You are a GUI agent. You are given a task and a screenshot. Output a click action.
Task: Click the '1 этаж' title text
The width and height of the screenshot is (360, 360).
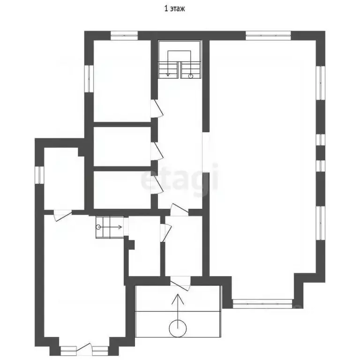pyautogui.click(x=174, y=9)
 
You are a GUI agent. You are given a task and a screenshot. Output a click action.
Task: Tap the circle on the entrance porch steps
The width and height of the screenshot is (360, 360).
pyautogui.click(x=178, y=328)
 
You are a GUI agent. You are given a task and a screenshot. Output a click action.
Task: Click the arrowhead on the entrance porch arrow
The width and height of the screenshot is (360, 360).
pyautogui.click(x=178, y=299)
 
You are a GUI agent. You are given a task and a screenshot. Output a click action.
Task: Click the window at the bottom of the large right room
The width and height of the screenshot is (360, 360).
pyautogui.click(x=262, y=304)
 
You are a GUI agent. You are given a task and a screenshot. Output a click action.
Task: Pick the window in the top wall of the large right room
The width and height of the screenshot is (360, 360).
pyautogui.click(x=268, y=36)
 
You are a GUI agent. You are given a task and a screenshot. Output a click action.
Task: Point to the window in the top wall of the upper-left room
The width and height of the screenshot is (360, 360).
pyautogui.click(x=124, y=36)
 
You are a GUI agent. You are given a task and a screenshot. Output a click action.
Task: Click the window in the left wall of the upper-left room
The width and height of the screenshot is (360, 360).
pyautogui.click(x=89, y=79)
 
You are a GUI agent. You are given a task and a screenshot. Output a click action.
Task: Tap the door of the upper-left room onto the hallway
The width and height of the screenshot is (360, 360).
pyautogui.click(x=157, y=109)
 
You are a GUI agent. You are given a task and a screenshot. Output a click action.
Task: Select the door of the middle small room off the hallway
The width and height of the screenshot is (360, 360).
pyautogui.click(x=157, y=151)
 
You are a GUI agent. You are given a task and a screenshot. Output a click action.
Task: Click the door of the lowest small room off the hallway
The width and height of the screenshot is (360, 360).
pyautogui.click(x=157, y=185)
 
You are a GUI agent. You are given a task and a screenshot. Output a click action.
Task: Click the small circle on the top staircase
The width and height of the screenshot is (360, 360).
pyautogui.click(x=191, y=76)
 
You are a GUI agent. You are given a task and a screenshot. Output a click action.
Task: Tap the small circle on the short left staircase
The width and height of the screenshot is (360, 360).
pyautogui.click(x=98, y=227)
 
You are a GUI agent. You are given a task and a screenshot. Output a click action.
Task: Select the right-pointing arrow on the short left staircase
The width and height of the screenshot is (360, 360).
pyautogui.click(x=110, y=227)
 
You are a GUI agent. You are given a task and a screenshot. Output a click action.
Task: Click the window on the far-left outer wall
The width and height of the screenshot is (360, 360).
pyautogui.click(x=39, y=175)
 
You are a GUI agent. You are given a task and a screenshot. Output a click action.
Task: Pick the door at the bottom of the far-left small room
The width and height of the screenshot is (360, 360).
pyautogui.click(x=63, y=216)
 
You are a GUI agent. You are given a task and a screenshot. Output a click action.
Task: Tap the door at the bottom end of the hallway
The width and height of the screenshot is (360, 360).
pyautogui.click(x=180, y=210)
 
